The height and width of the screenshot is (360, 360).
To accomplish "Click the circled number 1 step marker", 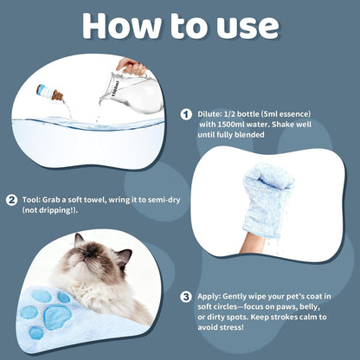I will point(186,114).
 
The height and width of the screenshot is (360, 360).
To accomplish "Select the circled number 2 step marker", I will point(11,200).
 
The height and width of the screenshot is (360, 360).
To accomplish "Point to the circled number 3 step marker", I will point(186,297).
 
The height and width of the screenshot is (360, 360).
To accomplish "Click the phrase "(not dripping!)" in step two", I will point(50,210).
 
